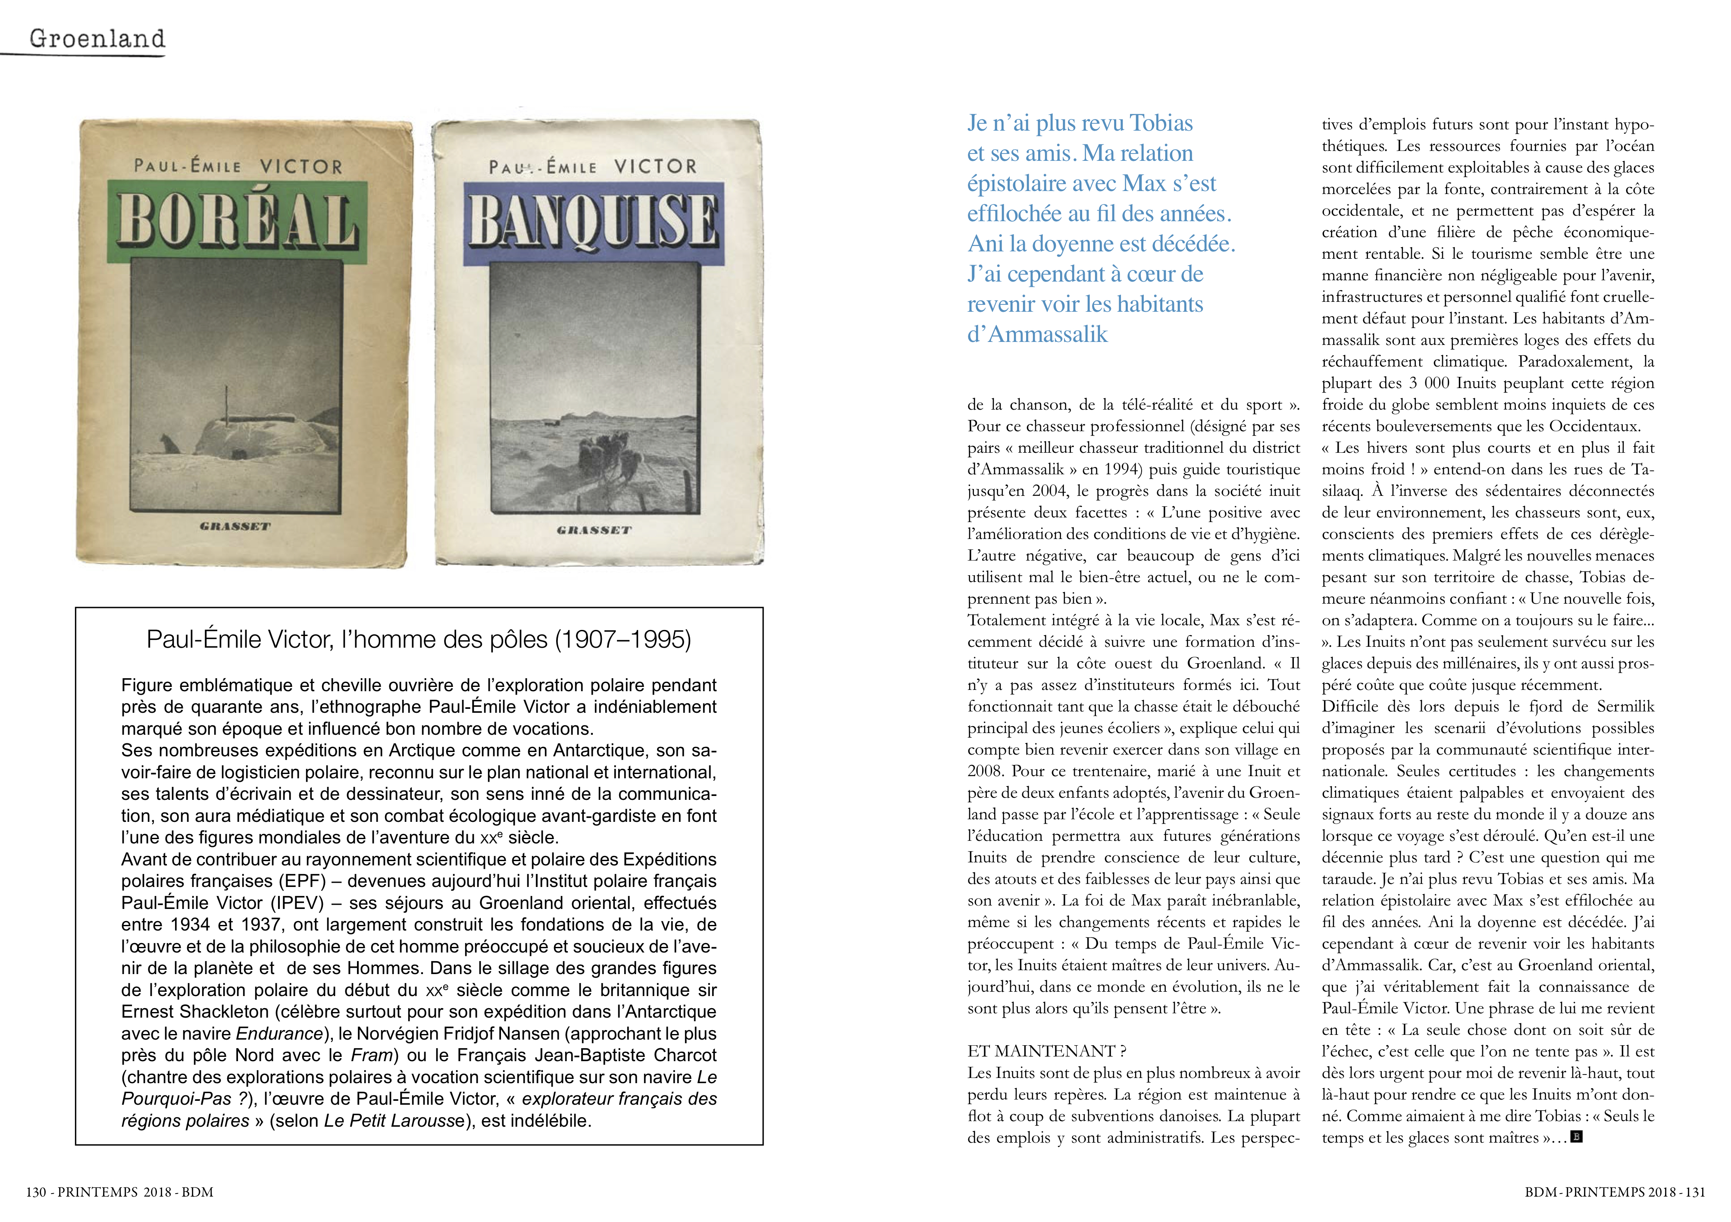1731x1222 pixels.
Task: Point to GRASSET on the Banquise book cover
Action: click(594, 530)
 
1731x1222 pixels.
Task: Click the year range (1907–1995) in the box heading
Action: click(623, 639)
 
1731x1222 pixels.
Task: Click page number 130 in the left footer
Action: click(35, 1192)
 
